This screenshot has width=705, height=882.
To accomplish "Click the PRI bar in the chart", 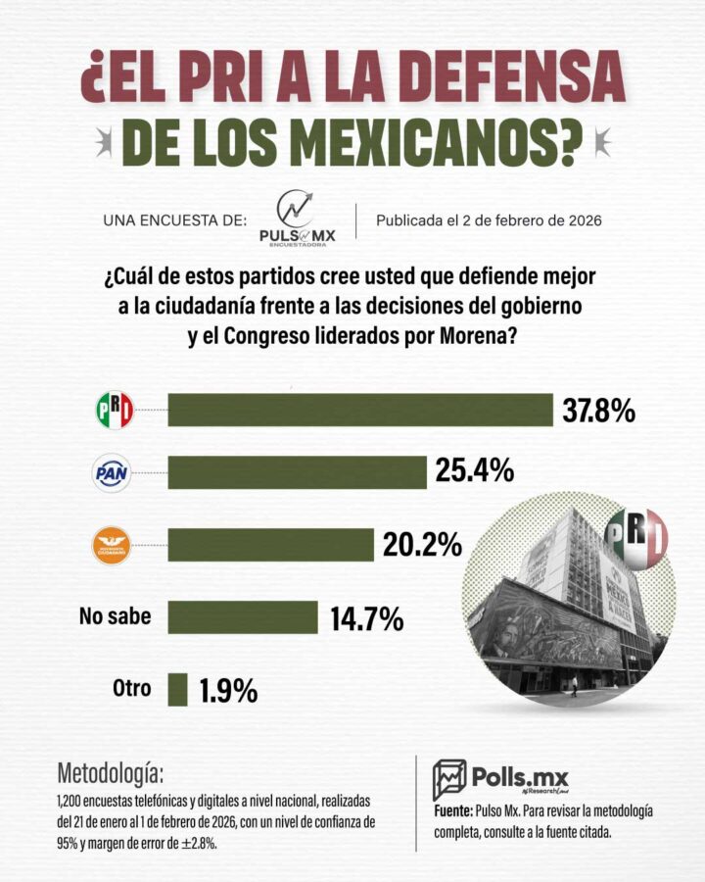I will tap(360, 410).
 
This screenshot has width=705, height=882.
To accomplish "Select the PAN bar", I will tap(298, 472).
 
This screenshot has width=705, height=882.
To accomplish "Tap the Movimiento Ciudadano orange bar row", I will tap(271, 545).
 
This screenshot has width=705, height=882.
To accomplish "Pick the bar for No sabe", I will tap(243, 617).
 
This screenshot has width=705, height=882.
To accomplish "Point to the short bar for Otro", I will tap(177, 689).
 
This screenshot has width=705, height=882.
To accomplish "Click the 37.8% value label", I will tap(598, 410).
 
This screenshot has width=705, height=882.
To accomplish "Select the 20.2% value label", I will tap(422, 545).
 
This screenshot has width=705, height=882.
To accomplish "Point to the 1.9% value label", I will tap(228, 690).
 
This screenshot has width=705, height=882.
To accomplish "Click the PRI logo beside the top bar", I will tap(114, 410).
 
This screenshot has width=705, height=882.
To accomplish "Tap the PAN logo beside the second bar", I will tap(112, 473).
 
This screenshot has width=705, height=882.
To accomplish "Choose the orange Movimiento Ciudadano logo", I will tap(112, 545).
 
